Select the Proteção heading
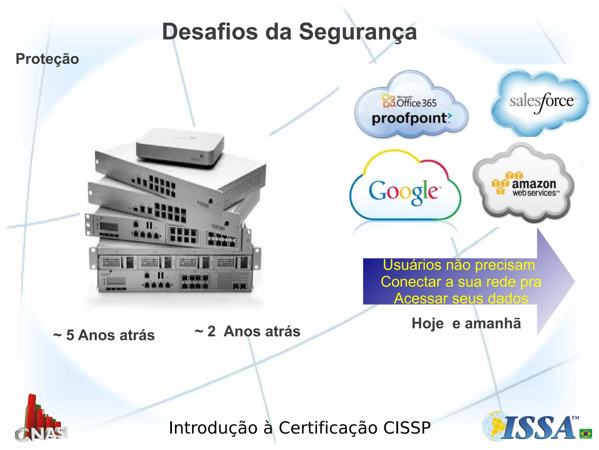(x=47, y=59)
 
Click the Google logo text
(x=404, y=191)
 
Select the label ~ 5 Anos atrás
(x=104, y=335)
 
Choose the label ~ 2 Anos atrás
(x=247, y=332)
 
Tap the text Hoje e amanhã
(x=466, y=324)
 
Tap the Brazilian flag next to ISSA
(x=586, y=434)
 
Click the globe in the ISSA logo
(x=494, y=426)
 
